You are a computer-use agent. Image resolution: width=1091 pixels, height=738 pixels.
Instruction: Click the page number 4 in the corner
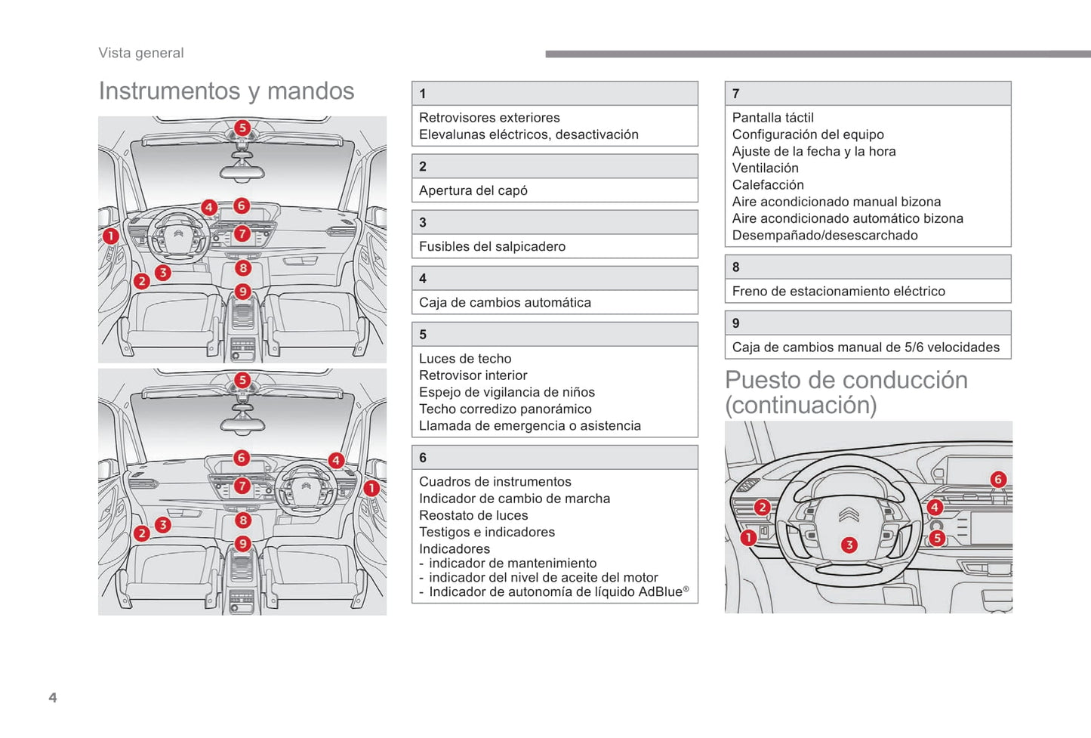tap(53, 697)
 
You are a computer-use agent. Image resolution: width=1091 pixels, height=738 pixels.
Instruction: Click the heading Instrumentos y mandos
tap(227, 91)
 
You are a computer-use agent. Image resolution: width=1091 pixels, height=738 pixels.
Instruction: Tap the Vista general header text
tap(141, 53)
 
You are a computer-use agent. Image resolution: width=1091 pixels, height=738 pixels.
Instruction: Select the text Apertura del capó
tap(473, 190)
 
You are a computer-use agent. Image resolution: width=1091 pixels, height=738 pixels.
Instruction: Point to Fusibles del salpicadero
tap(492, 246)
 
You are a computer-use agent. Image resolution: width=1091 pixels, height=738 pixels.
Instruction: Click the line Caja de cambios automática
tap(505, 302)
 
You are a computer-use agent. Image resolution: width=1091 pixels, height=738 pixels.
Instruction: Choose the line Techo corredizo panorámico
tap(505, 409)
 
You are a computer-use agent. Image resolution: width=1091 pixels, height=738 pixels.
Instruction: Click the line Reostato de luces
tap(473, 515)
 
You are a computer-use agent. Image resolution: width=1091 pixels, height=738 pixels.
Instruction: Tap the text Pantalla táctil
tap(773, 118)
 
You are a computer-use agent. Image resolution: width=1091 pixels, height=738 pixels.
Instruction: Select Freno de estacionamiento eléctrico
tap(838, 291)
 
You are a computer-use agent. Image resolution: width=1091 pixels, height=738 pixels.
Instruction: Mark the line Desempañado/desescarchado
tap(824, 235)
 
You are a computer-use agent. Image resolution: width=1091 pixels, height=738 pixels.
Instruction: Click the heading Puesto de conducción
tap(846, 380)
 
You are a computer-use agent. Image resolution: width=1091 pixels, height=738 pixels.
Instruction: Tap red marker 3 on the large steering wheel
tap(849, 545)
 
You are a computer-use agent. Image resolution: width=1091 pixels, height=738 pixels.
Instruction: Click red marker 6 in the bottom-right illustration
tap(997, 479)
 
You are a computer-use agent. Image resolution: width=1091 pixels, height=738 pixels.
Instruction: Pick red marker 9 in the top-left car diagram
tap(242, 291)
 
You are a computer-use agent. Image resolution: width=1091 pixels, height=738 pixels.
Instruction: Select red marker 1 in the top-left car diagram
tap(111, 236)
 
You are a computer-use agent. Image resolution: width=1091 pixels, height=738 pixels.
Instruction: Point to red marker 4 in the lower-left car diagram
tap(336, 460)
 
